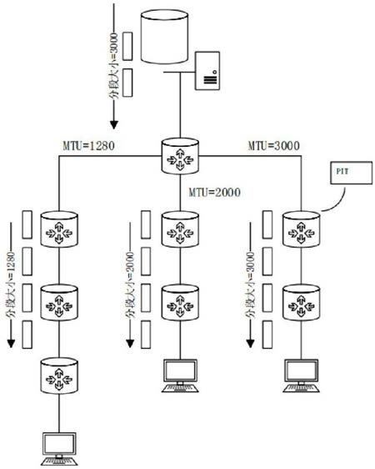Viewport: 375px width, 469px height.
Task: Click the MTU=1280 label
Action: point(88,146)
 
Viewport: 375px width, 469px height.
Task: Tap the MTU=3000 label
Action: point(274,146)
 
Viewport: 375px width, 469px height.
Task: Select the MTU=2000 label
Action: point(214,192)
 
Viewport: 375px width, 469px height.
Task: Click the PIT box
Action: point(351,173)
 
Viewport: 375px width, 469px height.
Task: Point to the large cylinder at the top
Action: point(164,37)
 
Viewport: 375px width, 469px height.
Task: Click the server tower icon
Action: point(207,71)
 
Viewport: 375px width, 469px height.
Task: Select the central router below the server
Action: point(180,156)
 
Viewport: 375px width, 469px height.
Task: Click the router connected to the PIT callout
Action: point(302,229)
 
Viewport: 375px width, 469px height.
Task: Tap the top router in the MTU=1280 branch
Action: point(59,229)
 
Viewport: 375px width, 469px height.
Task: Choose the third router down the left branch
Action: point(59,376)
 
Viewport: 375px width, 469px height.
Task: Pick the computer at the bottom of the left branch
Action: point(59,449)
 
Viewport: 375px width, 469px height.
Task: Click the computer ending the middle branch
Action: point(180,376)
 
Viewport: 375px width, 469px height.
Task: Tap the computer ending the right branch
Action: point(302,376)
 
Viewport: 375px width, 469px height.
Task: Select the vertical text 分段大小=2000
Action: point(130,285)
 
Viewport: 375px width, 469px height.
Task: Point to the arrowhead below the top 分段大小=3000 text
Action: point(114,124)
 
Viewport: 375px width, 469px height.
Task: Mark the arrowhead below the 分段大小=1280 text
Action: point(11,344)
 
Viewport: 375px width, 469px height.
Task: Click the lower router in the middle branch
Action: point(180,303)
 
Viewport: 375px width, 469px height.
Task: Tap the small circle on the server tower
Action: point(214,72)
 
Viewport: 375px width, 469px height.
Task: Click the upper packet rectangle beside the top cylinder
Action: point(127,47)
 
